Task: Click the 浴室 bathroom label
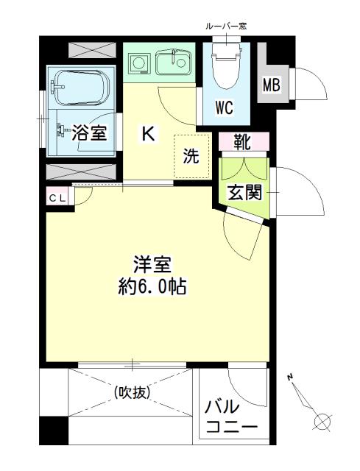click(x=91, y=132)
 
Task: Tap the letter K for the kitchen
click(x=148, y=133)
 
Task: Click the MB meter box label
click(x=271, y=85)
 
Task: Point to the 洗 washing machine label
click(x=191, y=155)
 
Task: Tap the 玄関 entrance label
click(x=244, y=193)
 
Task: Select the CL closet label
click(x=57, y=197)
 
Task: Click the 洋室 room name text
click(x=153, y=263)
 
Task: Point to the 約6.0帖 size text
click(x=153, y=286)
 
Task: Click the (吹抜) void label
click(x=132, y=392)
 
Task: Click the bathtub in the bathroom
click(x=79, y=85)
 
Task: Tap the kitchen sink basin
click(x=174, y=63)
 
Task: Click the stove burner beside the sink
click(x=138, y=63)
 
